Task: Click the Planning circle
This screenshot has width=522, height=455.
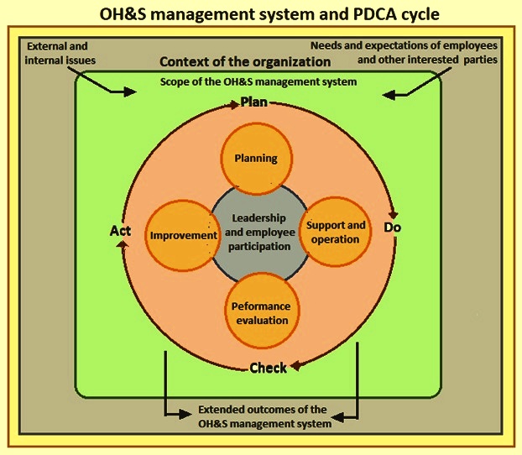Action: (256, 159)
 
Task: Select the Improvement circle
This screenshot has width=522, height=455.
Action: (182, 236)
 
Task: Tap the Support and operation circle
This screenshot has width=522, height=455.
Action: (335, 232)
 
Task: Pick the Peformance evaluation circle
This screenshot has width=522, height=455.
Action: (263, 311)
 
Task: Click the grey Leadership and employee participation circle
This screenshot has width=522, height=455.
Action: (259, 233)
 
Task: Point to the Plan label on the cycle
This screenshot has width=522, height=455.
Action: (254, 102)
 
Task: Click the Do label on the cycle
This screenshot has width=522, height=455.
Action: (392, 227)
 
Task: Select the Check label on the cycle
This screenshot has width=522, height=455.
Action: (268, 368)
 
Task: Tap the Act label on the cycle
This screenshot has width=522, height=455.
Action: (120, 231)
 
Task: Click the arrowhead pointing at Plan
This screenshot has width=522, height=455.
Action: (233, 105)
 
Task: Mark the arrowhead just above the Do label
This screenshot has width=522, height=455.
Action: (394, 214)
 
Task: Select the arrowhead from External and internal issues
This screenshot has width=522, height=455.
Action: (130, 92)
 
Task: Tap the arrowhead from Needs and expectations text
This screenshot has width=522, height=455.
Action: (389, 95)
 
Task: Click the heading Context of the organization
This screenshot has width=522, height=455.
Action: (245, 62)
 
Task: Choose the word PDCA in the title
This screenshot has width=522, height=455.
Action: (372, 14)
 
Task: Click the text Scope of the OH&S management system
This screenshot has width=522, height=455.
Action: (258, 82)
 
